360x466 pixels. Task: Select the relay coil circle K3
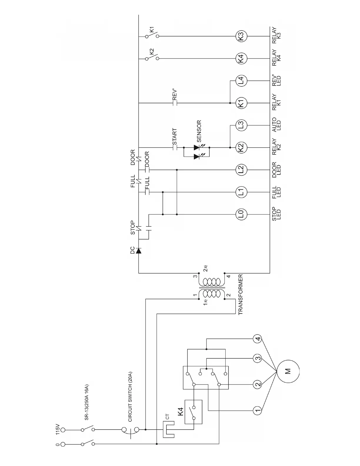click(x=241, y=36)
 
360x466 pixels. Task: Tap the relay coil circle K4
click(x=241, y=59)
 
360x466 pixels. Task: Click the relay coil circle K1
click(x=241, y=103)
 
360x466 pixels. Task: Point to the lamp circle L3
click(x=241, y=125)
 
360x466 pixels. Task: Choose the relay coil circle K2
click(x=241, y=147)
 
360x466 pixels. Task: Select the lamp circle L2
click(x=241, y=169)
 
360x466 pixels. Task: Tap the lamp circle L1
click(x=241, y=192)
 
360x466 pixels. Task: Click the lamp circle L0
click(x=241, y=214)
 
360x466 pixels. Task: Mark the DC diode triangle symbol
click(x=139, y=250)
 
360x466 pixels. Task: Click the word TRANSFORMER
click(x=241, y=294)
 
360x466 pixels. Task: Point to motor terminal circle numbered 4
click(x=258, y=339)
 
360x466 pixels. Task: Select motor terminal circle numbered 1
click(x=258, y=410)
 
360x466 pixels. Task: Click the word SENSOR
click(x=199, y=131)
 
